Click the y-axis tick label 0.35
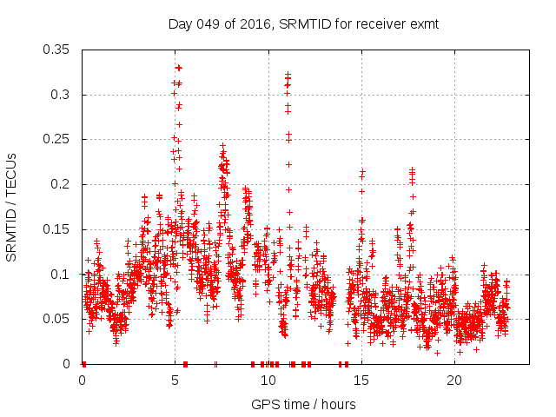coord(58,50)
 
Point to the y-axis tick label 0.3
coord(63,95)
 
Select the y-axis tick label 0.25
coord(58,140)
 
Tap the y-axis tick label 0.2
coord(63,184)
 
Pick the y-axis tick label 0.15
coord(58,229)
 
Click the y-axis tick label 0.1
coord(63,275)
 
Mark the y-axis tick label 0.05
coord(58,319)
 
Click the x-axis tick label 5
coord(175,380)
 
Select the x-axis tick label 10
coord(268,380)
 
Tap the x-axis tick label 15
coord(361,380)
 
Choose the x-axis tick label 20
coord(454,380)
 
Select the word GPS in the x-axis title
coord(264,404)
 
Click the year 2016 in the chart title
coord(257,23)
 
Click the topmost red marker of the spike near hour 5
coord(178,67)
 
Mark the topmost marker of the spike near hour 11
coord(288,75)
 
